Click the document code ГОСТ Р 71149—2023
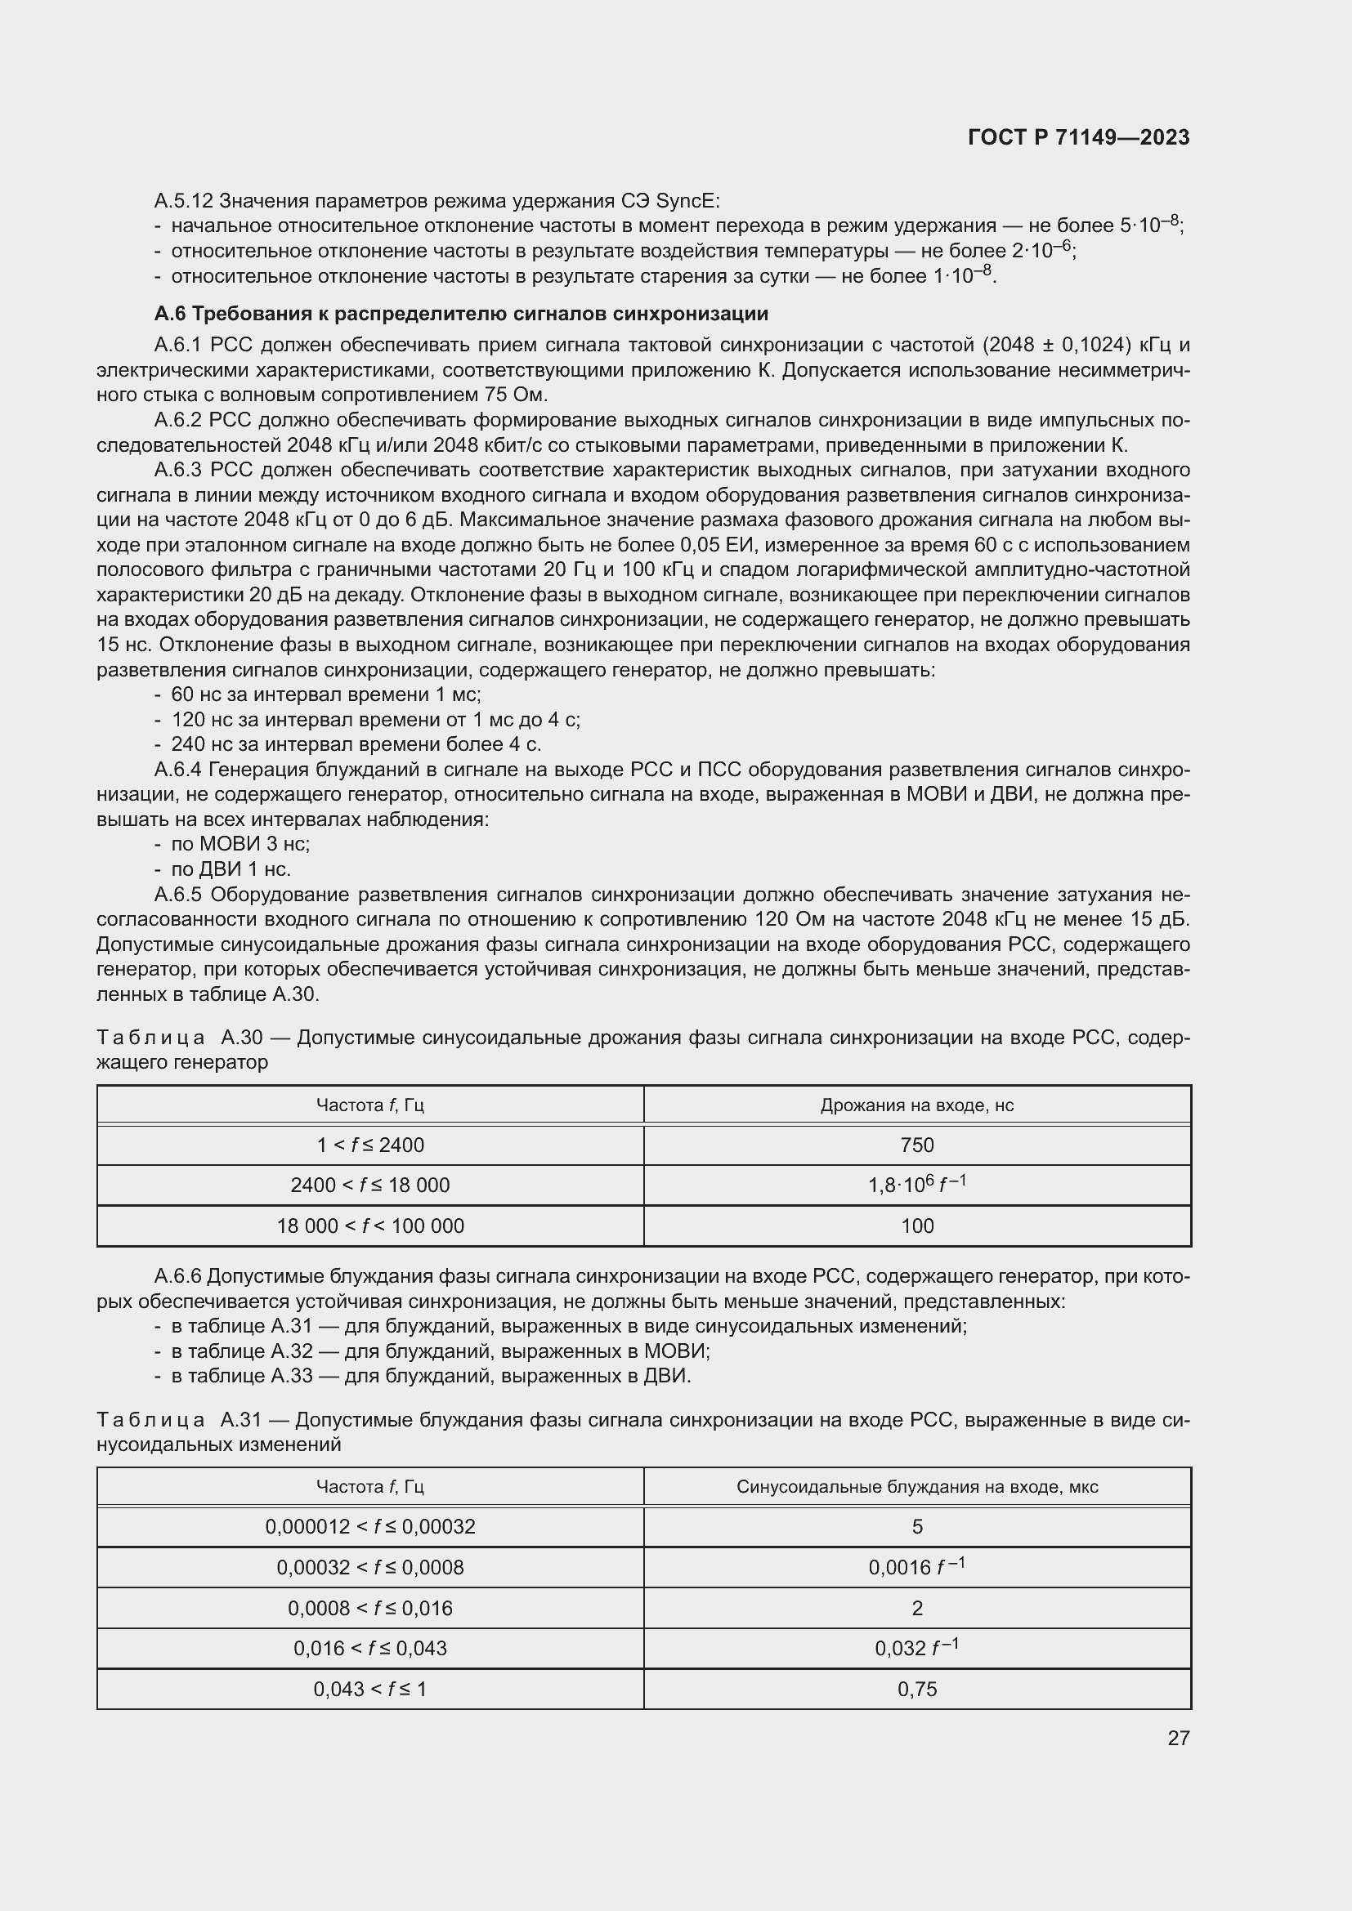point(1079,138)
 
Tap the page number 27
point(1178,1738)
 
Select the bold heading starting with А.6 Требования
point(460,314)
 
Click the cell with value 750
point(916,1145)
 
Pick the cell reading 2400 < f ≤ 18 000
point(369,1185)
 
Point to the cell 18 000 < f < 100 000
point(369,1226)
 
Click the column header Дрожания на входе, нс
point(916,1105)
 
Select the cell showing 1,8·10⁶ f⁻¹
point(916,1185)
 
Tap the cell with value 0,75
point(916,1689)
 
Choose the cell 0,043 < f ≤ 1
point(369,1689)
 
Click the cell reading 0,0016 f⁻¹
point(916,1567)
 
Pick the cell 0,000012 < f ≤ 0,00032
point(369,1526)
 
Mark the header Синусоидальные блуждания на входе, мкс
point(916,1486)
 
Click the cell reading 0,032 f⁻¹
point(916,1648)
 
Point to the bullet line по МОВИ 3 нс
point(240,844)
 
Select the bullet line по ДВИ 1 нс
point(231,869)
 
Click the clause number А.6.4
point(178,769)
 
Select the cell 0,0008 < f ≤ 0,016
point(369,1608)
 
